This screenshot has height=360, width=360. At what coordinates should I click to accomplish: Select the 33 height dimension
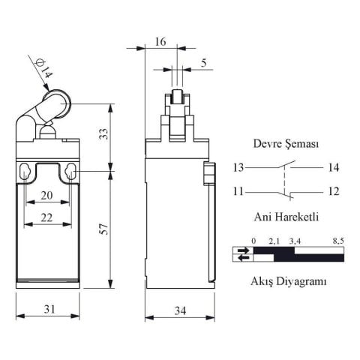(104, 134)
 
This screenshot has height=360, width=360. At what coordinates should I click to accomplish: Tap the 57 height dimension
(104, 231)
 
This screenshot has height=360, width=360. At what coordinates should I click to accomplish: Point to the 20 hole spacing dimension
(47, 194)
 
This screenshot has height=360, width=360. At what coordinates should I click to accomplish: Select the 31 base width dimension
(46, 309)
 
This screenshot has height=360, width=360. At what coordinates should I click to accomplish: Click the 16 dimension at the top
(160, 42)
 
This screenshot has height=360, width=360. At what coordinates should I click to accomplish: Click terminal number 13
(238, 167)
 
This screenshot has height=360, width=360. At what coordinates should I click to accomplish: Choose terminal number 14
(334, 167)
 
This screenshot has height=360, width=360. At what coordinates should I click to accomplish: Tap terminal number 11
(238, 191)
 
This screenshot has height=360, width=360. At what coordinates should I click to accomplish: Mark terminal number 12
(334, 191)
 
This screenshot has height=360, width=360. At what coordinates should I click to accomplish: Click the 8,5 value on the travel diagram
(338, 241)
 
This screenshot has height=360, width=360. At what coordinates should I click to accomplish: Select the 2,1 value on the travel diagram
(274, 241)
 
